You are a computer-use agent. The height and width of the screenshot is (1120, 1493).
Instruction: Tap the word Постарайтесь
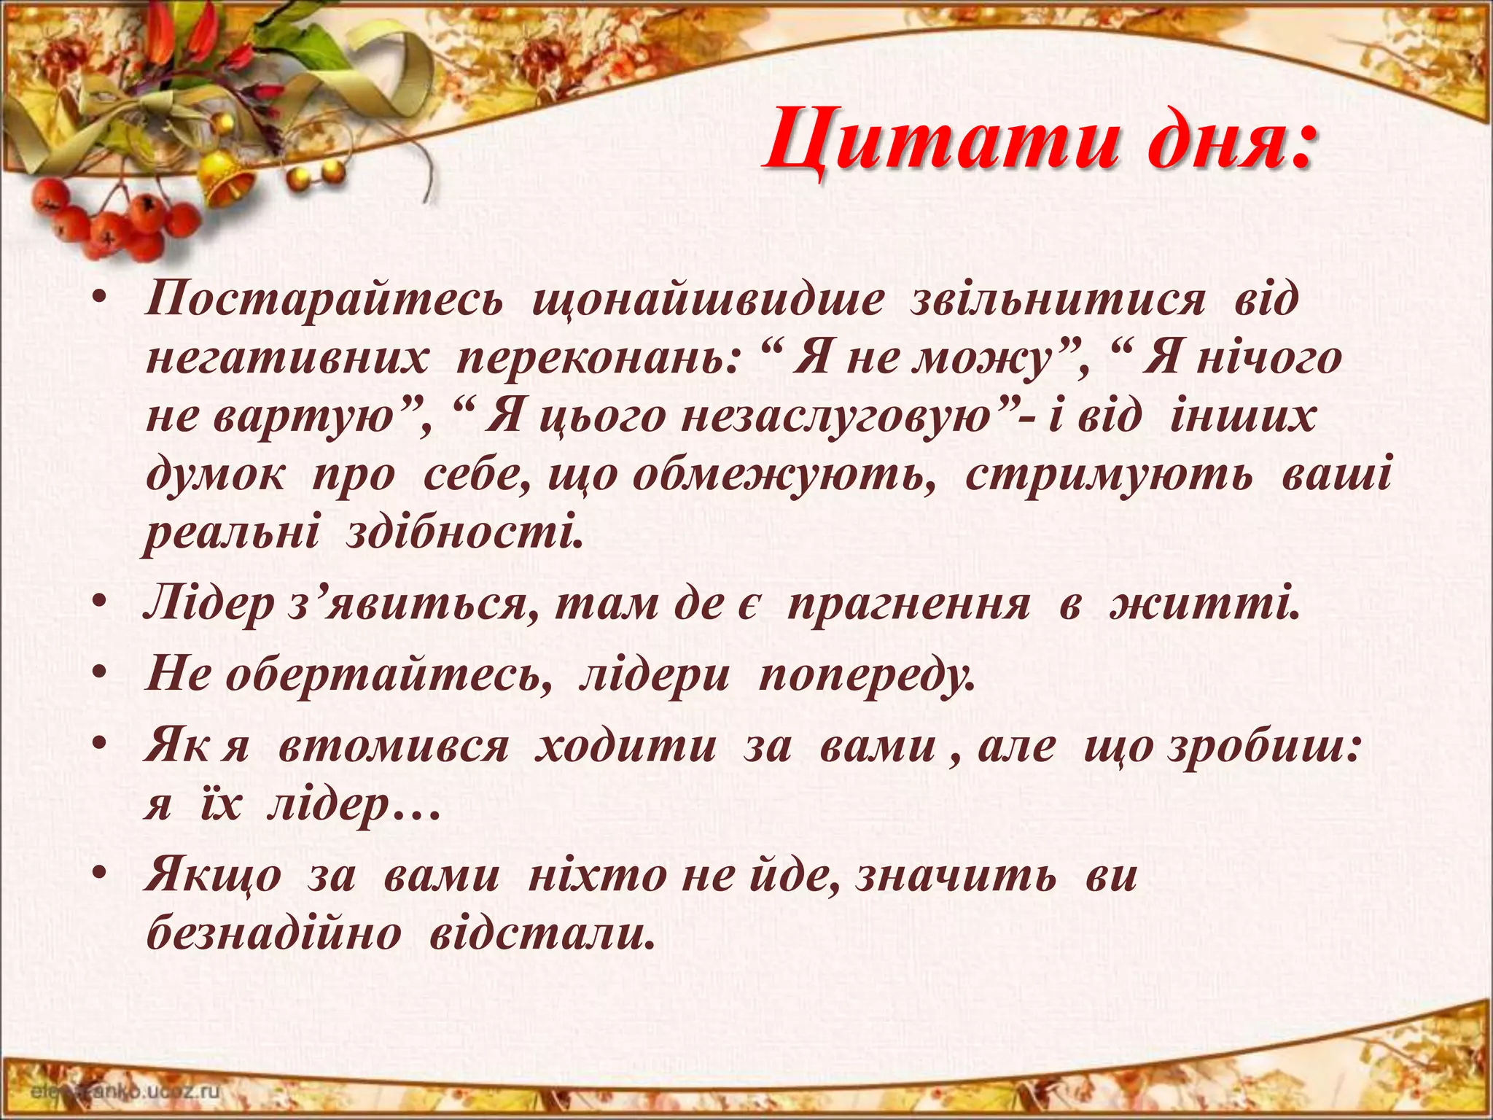(324, 300)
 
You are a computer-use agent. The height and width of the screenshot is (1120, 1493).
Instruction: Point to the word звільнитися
(1056, 300)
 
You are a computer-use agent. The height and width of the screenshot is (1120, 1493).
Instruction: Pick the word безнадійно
(274, 933)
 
